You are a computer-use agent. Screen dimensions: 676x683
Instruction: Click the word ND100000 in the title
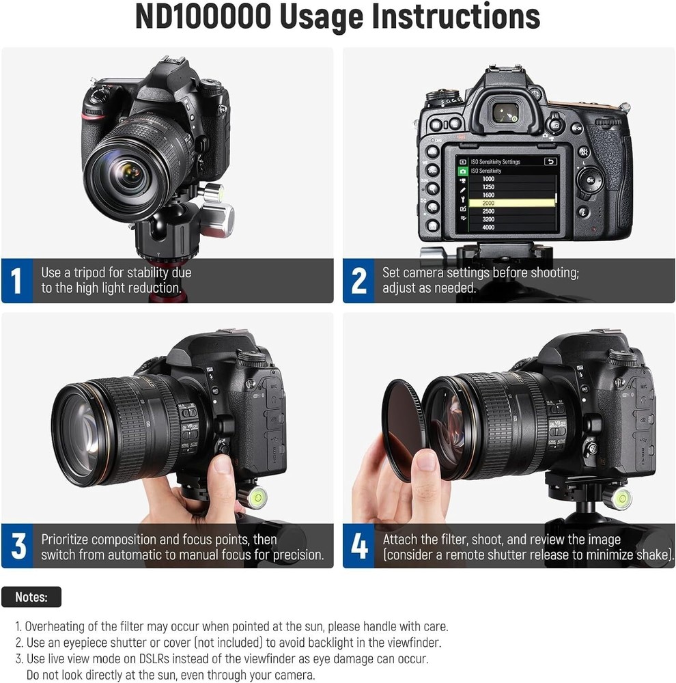[203, 16]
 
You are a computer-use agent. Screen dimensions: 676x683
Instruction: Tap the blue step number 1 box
[17, 281]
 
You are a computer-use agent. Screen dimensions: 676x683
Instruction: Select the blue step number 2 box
[358, 281]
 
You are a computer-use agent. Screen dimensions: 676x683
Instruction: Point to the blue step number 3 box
[17, 546]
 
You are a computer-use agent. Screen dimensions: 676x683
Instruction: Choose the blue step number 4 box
[358, 546]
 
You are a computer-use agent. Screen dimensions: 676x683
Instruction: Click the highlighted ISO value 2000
[488, 203]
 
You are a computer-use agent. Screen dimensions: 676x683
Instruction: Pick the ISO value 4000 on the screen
[488, 227]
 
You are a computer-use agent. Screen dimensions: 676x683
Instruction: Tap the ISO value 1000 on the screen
[488, 179]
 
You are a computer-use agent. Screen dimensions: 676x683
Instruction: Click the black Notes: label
[31, 597]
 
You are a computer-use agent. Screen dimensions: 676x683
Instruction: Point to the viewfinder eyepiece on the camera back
[506, 113]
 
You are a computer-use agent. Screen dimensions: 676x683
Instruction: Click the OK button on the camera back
[590, 180]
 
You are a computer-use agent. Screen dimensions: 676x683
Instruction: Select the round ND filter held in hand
[402, 429]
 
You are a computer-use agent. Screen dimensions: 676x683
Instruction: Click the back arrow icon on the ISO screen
[550, 162]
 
